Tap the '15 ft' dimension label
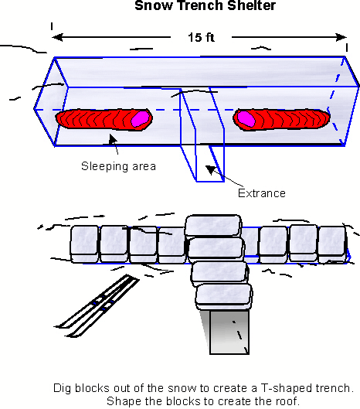pos(199,36)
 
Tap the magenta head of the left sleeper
pos(139,119)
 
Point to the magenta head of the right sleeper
pos(246,118)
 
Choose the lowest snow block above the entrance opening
pos(225,296)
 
